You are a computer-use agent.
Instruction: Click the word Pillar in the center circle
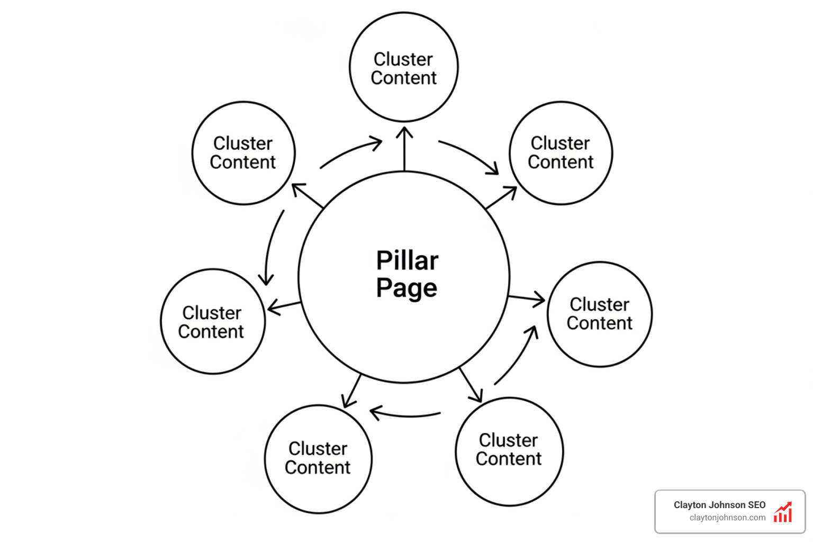click(407, 260)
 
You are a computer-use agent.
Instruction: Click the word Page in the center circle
click(406, 288)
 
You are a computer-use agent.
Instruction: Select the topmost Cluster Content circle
click(404, 68)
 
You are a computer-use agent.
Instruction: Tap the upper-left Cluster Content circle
click(243, 153)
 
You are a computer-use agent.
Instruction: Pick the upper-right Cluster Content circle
click(561, 153)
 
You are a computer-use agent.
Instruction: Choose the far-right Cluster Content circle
click(600, 314)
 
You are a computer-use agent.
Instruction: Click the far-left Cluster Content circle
click(212, 322)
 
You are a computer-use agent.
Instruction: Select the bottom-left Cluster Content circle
click(318, 458)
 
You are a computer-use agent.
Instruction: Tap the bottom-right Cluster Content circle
click(509, 450)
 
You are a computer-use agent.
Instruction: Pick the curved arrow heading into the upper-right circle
click(471, 155)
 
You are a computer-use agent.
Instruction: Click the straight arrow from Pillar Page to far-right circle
click(526, 299)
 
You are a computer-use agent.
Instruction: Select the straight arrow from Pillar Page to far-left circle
click(284, 306)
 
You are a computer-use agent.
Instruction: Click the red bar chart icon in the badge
click(783, 512)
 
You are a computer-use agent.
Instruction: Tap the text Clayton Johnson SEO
click(719, 505)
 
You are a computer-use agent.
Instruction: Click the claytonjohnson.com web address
click(727, 518)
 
